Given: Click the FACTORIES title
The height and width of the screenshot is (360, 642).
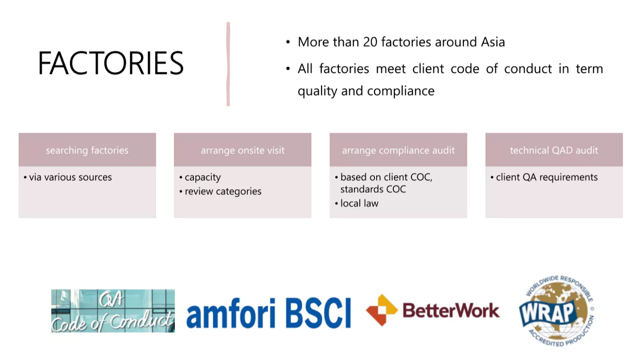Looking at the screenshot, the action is [111, 63].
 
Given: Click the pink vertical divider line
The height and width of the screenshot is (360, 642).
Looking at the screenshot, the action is [228, 64].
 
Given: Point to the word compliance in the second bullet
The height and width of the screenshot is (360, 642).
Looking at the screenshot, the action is [401, 91].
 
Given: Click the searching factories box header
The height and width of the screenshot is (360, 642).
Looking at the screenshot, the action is [87, 150].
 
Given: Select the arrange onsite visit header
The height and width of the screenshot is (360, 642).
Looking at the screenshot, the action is [243, 150].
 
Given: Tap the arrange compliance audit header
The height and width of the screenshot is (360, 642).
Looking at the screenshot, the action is [399, 150].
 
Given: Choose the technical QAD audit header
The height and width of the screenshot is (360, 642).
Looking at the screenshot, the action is [554, 150].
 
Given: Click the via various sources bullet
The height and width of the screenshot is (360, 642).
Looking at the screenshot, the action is [68, 177].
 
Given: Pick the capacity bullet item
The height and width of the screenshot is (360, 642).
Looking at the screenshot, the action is [200, 178].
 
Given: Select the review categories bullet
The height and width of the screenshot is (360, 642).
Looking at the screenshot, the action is [220, 191].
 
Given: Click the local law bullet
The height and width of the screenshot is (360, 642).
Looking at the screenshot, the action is [357, 203].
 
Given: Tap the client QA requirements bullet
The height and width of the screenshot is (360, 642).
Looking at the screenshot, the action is [544, 177].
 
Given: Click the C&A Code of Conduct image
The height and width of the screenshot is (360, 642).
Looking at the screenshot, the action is [113, 311].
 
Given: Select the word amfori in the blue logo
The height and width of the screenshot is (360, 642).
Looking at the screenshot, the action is [231, 314].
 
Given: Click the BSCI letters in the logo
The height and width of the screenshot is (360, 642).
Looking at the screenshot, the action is [318, 313].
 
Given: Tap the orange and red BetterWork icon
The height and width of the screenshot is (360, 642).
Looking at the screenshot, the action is [382, 311].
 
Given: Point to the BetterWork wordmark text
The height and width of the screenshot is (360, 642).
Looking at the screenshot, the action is [451, 311].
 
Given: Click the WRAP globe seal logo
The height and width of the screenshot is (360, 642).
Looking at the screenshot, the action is [556, 311].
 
